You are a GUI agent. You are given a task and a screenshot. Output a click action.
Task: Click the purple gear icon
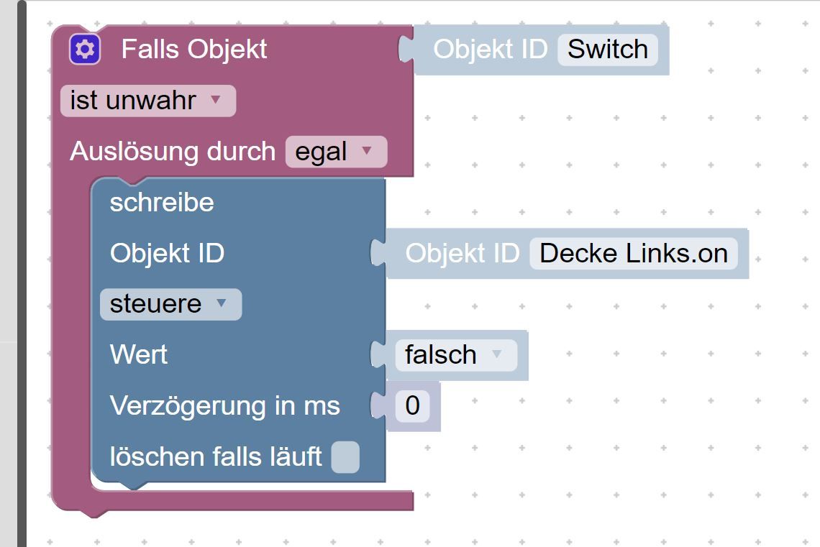click(85, 50)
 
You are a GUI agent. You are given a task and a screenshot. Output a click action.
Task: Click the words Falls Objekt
click(194, 50)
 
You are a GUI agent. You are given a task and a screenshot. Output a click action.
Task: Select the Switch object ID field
click(608, 50)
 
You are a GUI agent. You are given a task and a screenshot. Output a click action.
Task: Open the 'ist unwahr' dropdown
click(148, 101)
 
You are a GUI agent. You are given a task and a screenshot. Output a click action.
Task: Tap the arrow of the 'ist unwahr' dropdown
click(216, 99)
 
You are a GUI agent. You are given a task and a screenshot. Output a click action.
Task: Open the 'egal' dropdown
click(336, 152)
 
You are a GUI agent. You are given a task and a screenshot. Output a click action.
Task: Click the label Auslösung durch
click(173, 152)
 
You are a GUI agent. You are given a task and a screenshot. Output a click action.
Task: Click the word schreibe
click(162, 202)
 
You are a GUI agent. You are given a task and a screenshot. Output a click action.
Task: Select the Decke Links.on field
click(633, 254)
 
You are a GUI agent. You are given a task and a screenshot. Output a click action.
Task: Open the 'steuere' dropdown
click(170, 304)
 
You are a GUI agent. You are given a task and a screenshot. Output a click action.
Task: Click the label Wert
click(139, 355)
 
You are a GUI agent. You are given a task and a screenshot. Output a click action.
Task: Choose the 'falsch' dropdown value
click(456, 355)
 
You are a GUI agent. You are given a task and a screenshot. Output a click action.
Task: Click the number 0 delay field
click(413, 405)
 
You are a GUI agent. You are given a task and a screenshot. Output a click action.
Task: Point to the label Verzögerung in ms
click(225, 406)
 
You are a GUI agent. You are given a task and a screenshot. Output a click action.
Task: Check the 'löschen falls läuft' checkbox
click(345, 457)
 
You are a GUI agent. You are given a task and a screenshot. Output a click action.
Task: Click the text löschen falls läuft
click(216, 456)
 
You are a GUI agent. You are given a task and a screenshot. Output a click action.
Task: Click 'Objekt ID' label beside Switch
click(490, 50)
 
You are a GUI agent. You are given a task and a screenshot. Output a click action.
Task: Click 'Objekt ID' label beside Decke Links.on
click(463, 254)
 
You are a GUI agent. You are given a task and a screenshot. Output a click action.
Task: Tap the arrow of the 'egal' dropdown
click(367, 150)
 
